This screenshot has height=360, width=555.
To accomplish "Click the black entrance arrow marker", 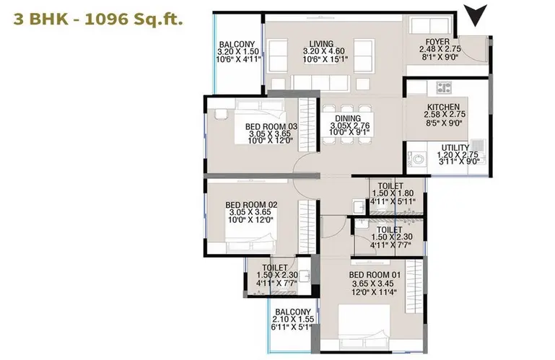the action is click(476, 15).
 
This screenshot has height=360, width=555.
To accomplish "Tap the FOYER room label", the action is click(437, 42).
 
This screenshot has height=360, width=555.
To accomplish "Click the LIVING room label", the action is click(321, 43).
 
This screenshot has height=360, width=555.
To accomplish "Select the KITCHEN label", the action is click(444, 107).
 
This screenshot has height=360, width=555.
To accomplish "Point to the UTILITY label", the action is click(455, 148).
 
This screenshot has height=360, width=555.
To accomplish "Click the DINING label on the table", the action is click(348, 118).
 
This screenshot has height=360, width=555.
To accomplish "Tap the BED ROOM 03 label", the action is click(271, 126).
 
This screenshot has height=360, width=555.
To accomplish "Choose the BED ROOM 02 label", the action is click(251, 205).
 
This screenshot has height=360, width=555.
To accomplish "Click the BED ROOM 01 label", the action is click(375, 275).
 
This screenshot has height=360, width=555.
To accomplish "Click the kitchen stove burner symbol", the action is click(444, 87).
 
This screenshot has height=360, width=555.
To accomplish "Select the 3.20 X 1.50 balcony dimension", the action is click(238, 51).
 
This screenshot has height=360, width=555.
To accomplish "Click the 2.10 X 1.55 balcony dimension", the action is click(293, 320).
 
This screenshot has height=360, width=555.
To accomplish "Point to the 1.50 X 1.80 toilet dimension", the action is click(393, 193).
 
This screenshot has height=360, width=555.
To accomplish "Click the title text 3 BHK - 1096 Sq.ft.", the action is click(98, 19).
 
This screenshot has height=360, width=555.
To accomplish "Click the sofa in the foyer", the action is click(430, 25).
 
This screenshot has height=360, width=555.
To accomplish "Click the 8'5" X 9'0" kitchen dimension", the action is click(444, 123).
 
